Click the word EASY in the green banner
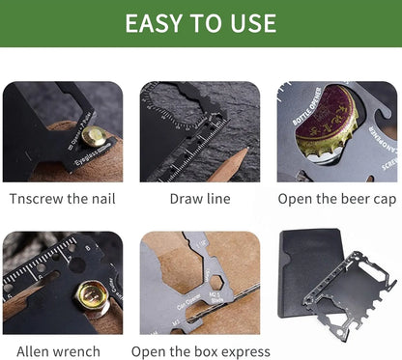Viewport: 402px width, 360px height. (x=157, y=23)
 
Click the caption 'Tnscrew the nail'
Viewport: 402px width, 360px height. (x=61, y=199)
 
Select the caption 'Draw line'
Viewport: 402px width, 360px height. (x=199, y=199)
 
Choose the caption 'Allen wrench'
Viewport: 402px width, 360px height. (x=61, y=350)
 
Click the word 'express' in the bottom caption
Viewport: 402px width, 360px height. (x=244, y=350)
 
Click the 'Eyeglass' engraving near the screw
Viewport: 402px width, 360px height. (x=68, y=151)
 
